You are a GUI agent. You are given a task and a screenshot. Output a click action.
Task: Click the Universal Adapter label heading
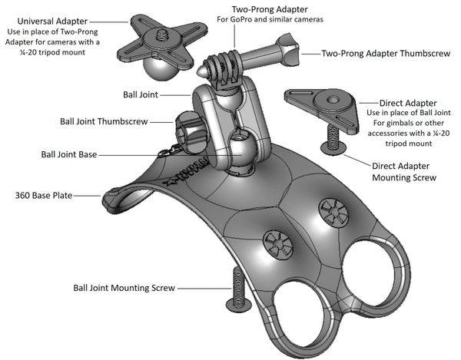49,19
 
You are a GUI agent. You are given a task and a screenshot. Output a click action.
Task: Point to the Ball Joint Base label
69,154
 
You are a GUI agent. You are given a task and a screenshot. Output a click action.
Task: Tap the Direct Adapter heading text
408,102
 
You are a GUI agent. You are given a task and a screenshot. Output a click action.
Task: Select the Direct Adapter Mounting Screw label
404,171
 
